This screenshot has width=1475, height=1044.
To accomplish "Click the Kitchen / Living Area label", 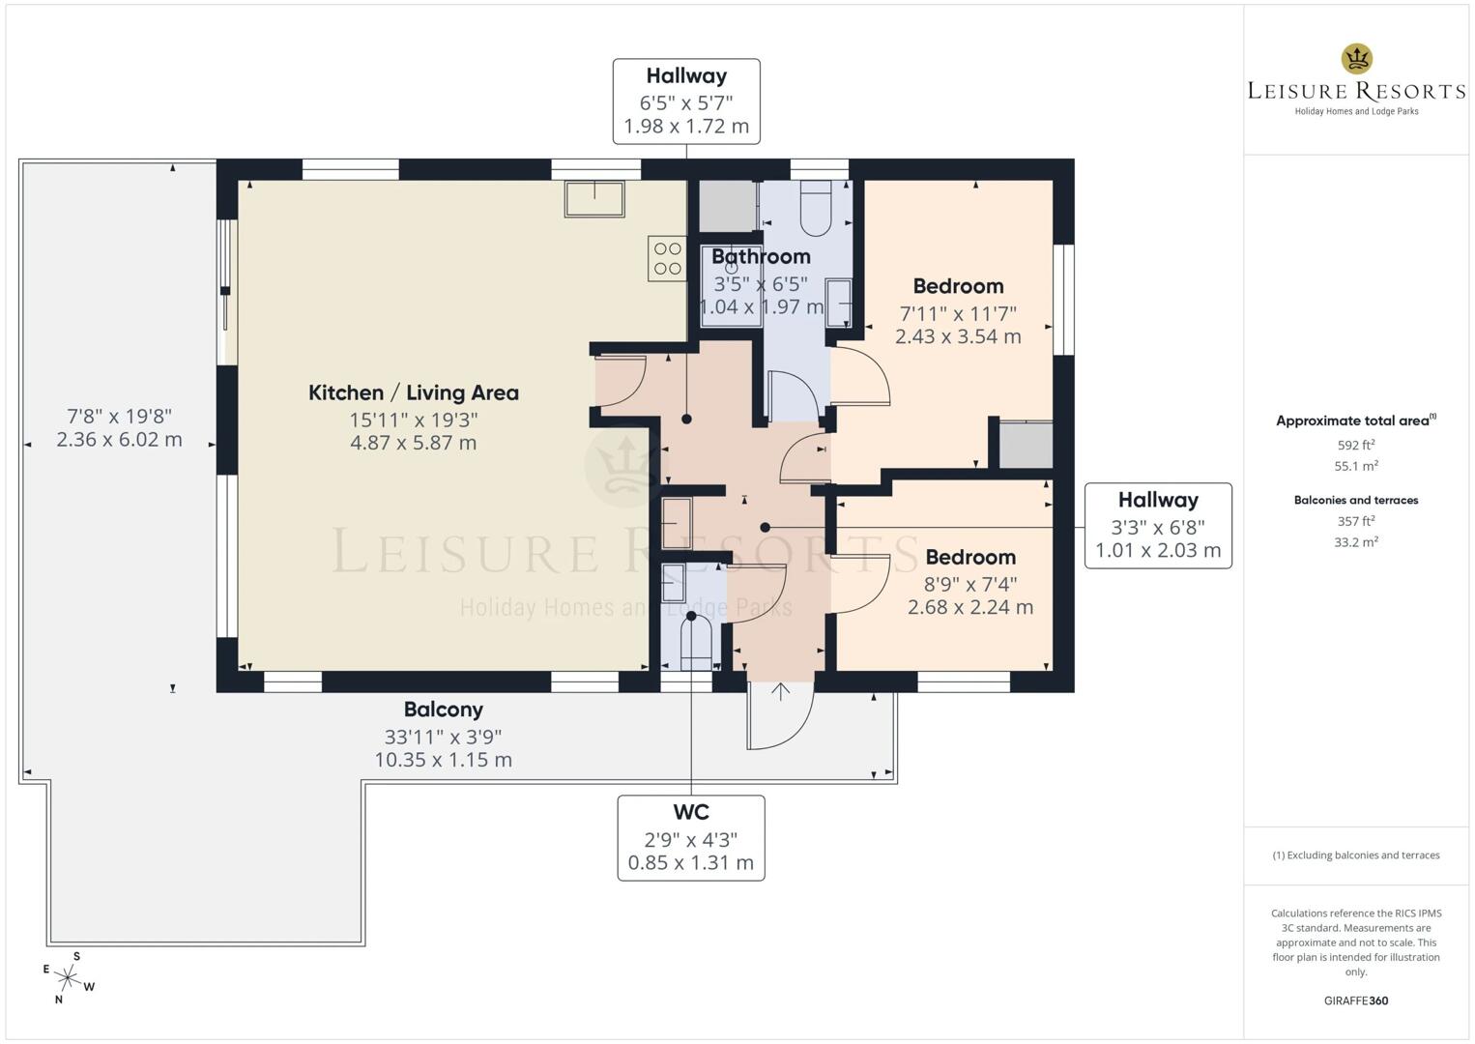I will coord(413,392).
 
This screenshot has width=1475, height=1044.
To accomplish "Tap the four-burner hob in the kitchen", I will coord(668,258).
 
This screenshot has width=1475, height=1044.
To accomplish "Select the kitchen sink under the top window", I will coord(594,198).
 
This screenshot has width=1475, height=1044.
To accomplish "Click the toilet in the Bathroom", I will coord(816,207).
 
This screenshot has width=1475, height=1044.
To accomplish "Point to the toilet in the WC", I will coord(695,645).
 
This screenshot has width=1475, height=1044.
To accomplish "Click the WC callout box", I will coord(690,837).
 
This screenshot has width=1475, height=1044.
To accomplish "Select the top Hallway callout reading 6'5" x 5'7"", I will coord(686,101).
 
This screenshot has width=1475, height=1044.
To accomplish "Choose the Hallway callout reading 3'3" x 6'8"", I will coord(1157,525).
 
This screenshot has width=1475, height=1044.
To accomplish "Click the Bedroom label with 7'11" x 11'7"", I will coord(958,286).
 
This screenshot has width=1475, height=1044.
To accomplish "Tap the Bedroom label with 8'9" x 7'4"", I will coord(969,557).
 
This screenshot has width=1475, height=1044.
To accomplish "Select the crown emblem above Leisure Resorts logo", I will coord(1356,59).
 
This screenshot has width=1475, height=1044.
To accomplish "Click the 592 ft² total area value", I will coord(1355,446).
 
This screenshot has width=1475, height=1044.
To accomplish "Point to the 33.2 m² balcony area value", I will coord(1355,542).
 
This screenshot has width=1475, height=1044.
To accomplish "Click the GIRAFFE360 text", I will coord(1355,1000).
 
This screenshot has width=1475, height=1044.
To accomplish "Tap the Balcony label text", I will coord(443,710).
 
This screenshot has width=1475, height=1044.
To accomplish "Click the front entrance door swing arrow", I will coord(780,691).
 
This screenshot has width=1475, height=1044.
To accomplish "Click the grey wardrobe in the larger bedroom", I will coord(1025,446).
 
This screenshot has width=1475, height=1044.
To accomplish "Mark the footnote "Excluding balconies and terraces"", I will coord(1355,855).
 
